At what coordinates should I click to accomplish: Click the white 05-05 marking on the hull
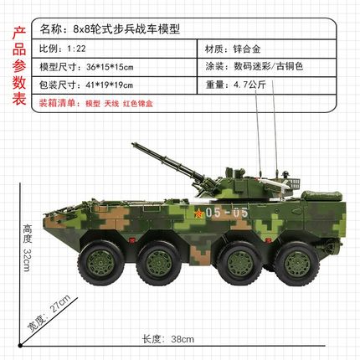(227, 214)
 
